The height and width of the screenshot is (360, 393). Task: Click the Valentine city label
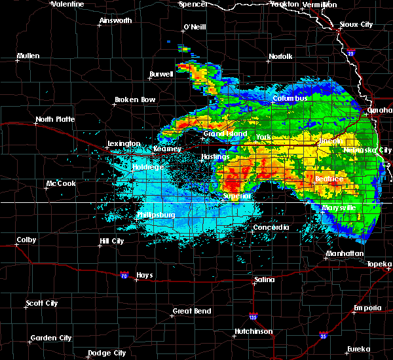(67, 4)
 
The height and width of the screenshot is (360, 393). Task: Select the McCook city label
(60, 183)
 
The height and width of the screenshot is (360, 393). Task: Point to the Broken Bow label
(135, 100)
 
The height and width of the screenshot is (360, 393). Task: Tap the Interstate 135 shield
(253, 316)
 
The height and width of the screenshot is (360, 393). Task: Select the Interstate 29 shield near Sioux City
(350, 53)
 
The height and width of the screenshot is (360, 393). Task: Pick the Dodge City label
(107, 353)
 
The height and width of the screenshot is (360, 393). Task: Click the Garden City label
(51, 338)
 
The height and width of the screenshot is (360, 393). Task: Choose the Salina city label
(264, 279)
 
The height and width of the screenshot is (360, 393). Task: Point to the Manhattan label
(345, 253)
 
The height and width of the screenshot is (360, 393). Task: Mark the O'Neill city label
(195, 27)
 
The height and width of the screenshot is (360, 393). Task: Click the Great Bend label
(192, 311)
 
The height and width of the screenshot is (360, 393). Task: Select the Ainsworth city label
(115, 20)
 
